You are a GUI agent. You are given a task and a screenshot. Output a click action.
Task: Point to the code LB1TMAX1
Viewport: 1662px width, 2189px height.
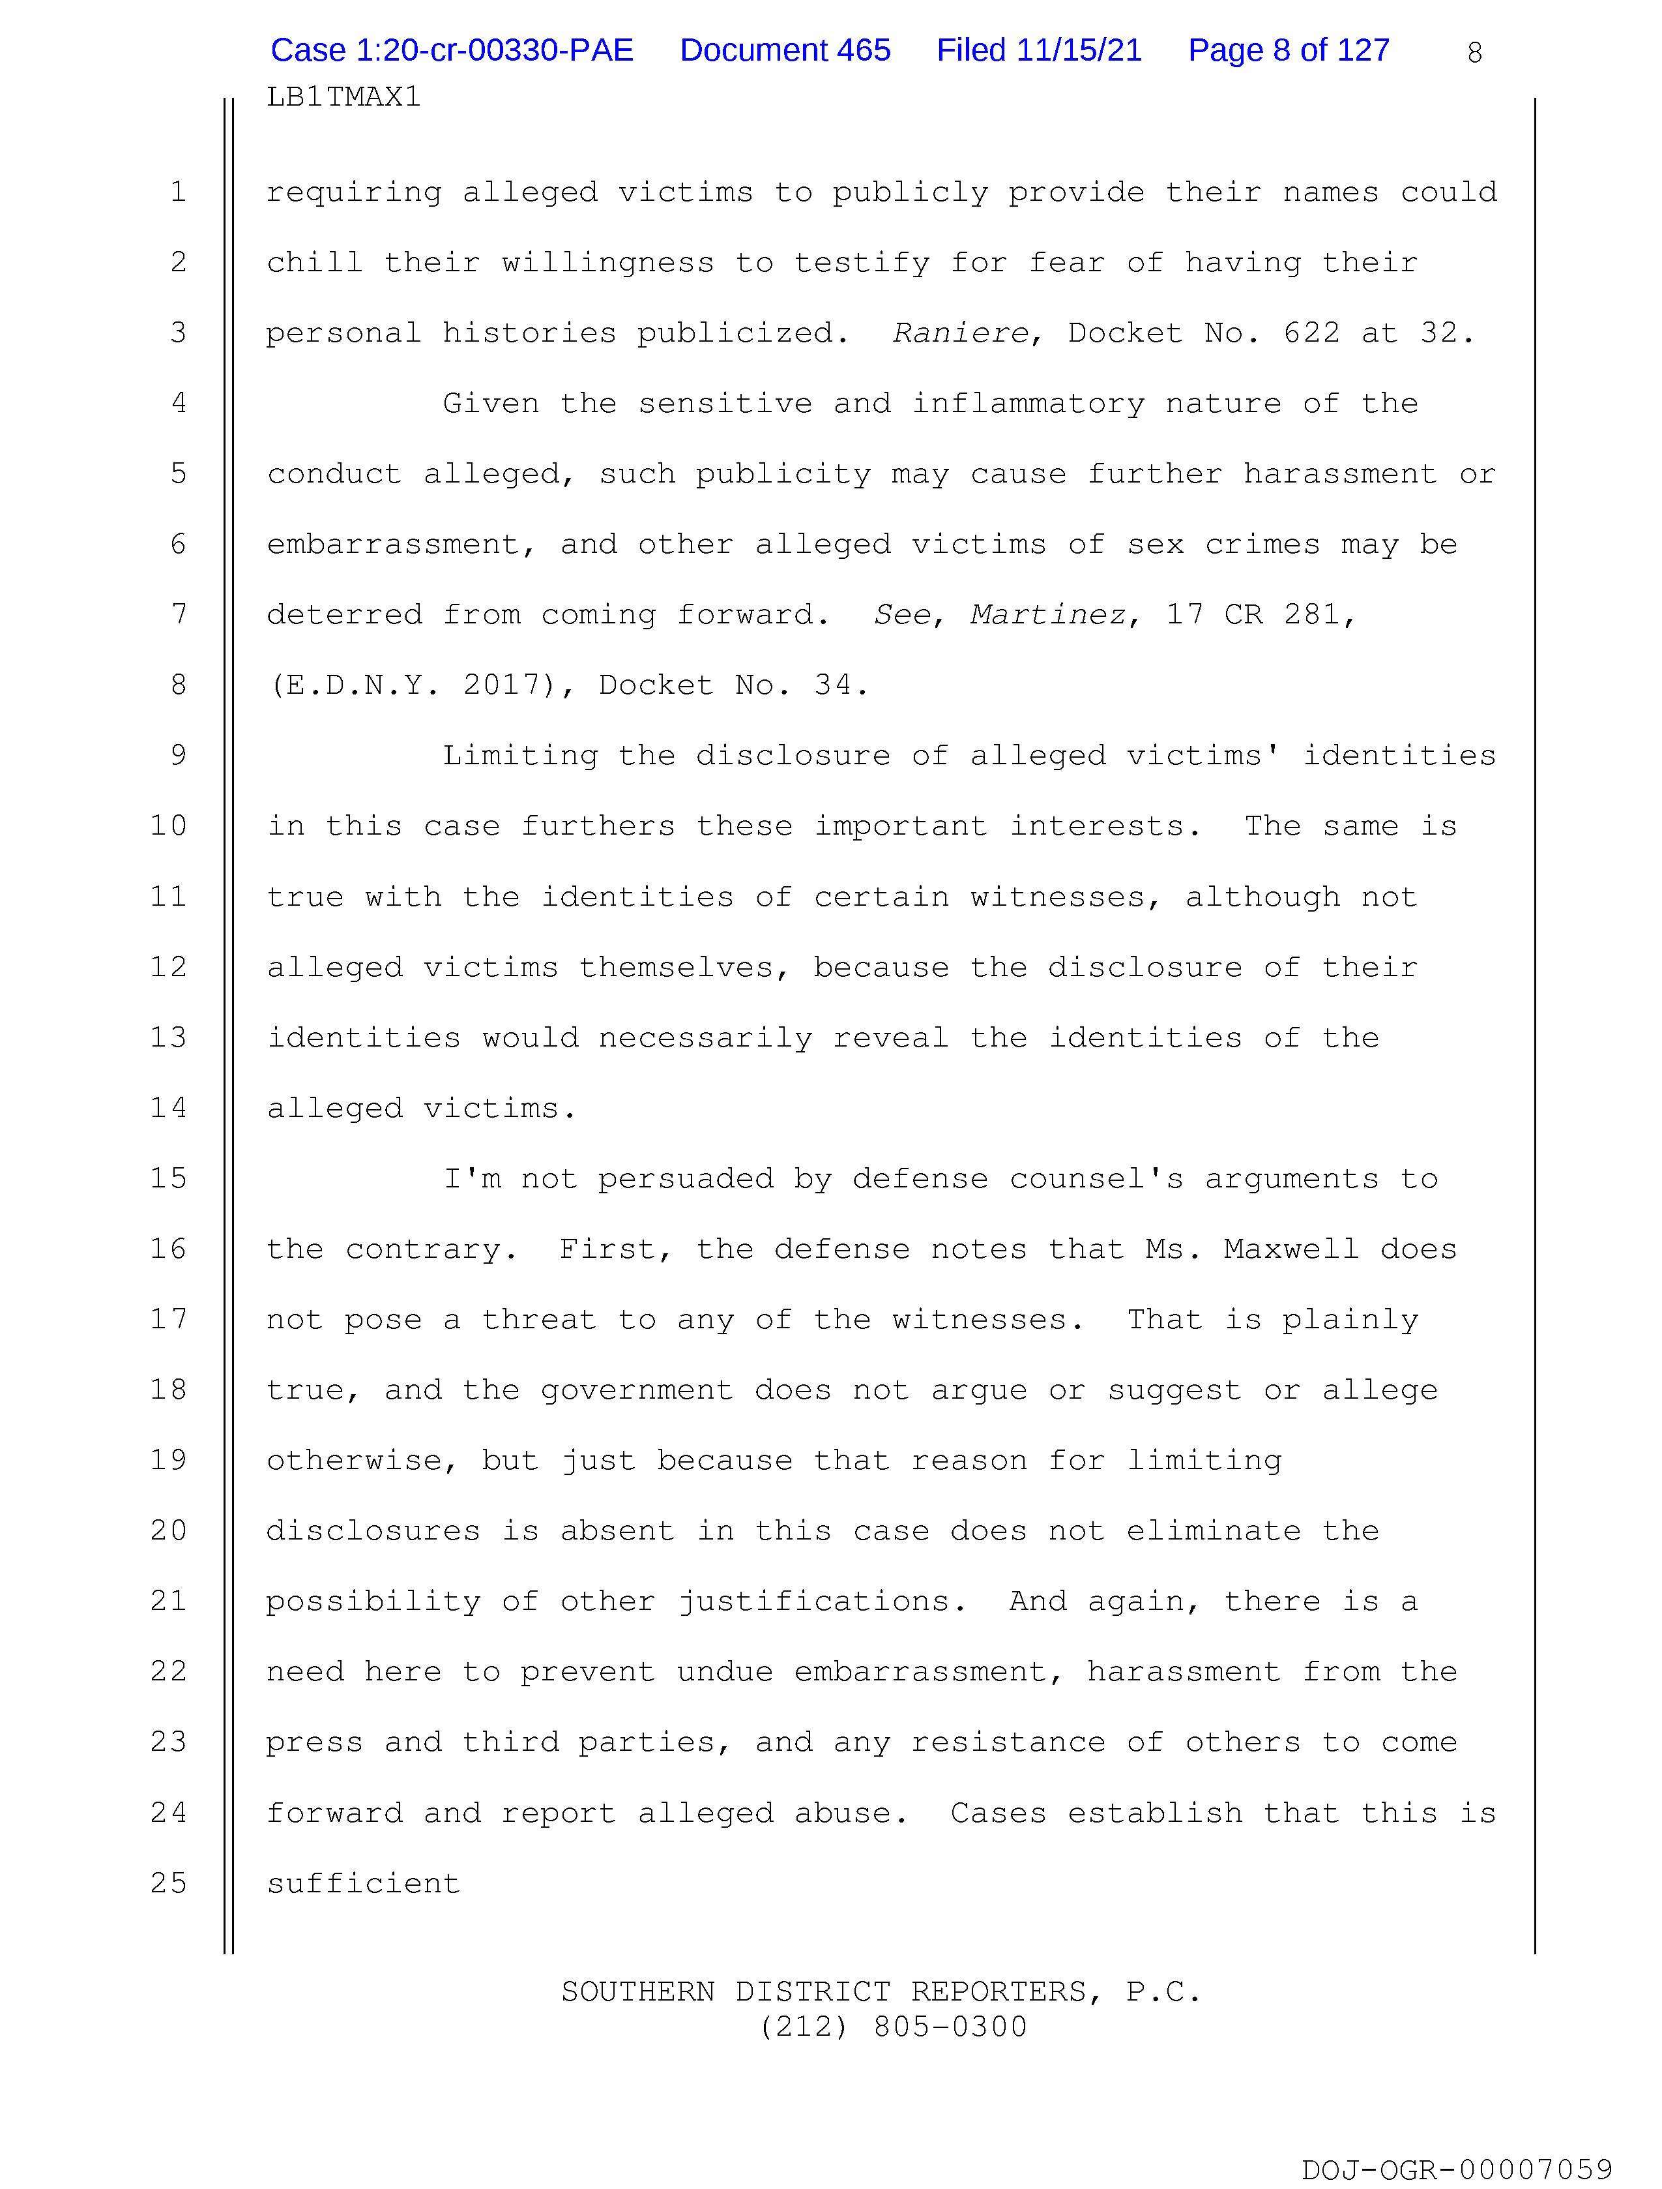[343, 97]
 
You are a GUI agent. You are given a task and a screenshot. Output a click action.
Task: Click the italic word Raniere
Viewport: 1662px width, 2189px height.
[959, 333]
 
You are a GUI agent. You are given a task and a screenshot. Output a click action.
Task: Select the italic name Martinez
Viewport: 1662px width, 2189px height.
[1047, 616]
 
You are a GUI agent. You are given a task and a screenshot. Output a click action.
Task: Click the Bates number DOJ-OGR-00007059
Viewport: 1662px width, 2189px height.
[1456, 2169]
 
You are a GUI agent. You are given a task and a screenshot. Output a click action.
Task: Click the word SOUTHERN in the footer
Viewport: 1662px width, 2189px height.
[637, 1991]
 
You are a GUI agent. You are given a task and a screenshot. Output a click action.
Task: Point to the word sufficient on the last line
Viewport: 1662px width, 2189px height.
[363, 1883]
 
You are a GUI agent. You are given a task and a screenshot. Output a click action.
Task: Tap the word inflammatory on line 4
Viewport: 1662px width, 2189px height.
[1028, 404]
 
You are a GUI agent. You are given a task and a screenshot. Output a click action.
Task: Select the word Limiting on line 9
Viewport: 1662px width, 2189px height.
[519, 756]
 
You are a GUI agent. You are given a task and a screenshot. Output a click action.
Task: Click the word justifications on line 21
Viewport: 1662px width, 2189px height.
[813, 1601]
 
